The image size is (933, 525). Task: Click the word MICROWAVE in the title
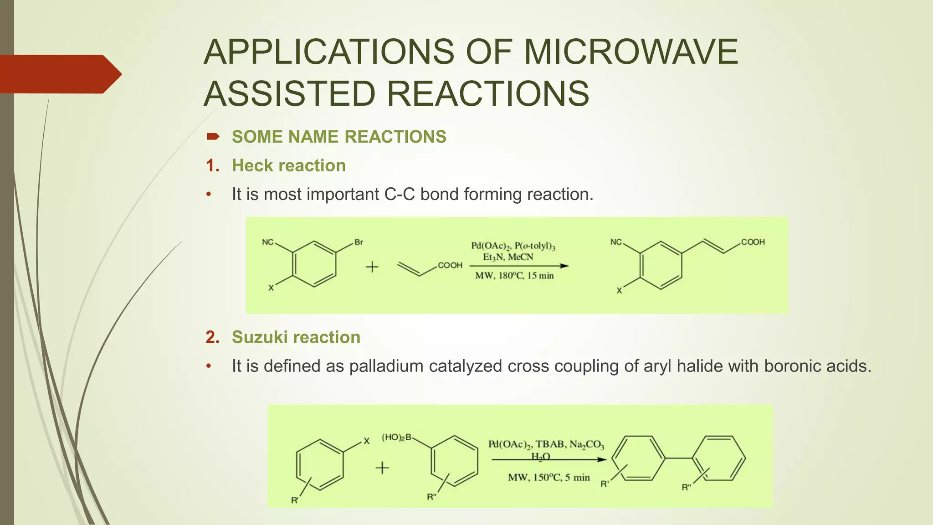click(631, 51)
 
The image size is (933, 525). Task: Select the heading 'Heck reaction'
click(288, 165)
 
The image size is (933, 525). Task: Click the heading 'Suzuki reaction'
click(296, 337)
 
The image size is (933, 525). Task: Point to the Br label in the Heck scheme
click(359, 242)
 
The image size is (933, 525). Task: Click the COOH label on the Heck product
click(753, 242)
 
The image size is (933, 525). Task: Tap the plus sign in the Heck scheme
click(372, 267)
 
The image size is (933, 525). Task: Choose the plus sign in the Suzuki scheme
click(382, 468)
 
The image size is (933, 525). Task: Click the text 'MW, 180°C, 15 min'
click(514, 276)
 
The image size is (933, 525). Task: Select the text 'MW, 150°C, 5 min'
click(549, 478)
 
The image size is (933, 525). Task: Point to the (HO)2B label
click(396, 437)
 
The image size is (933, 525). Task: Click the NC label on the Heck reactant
click(267, 242)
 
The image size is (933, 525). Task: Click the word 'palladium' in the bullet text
click(386, 366)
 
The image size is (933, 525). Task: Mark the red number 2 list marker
click(212, 337)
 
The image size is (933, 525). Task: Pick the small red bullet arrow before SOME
click(213, 136)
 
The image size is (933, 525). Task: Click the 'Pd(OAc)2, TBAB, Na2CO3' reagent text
click(546, 444)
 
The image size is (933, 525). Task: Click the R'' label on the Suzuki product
click(686, 487)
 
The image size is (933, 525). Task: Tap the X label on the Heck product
click(619, 291)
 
